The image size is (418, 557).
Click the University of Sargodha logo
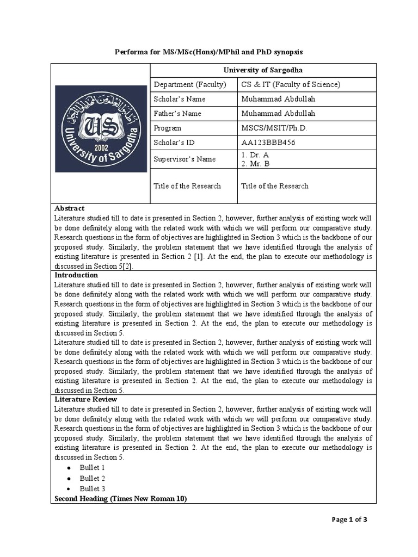click(101, 128)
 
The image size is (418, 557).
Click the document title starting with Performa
click(208, 52)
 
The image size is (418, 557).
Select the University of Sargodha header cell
click(263, 70)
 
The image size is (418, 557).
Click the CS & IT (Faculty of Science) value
click(291, 84)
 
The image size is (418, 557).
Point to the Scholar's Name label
click(179, 99)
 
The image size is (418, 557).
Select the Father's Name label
click(177, 114)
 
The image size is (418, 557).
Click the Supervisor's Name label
click(185, 159)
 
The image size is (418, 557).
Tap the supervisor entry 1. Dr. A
click(255, 154)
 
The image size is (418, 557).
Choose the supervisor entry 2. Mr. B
click(255, 163)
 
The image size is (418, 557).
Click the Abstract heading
click(70, 208)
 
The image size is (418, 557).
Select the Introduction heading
click(76, 275)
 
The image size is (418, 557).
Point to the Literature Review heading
click(86, 399)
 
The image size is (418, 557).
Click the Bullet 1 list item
click(92, 468)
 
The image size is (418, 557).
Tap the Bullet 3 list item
click(92, 489)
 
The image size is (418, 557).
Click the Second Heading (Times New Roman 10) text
click(121, 499)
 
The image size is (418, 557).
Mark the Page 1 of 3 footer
click(349, 519)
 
